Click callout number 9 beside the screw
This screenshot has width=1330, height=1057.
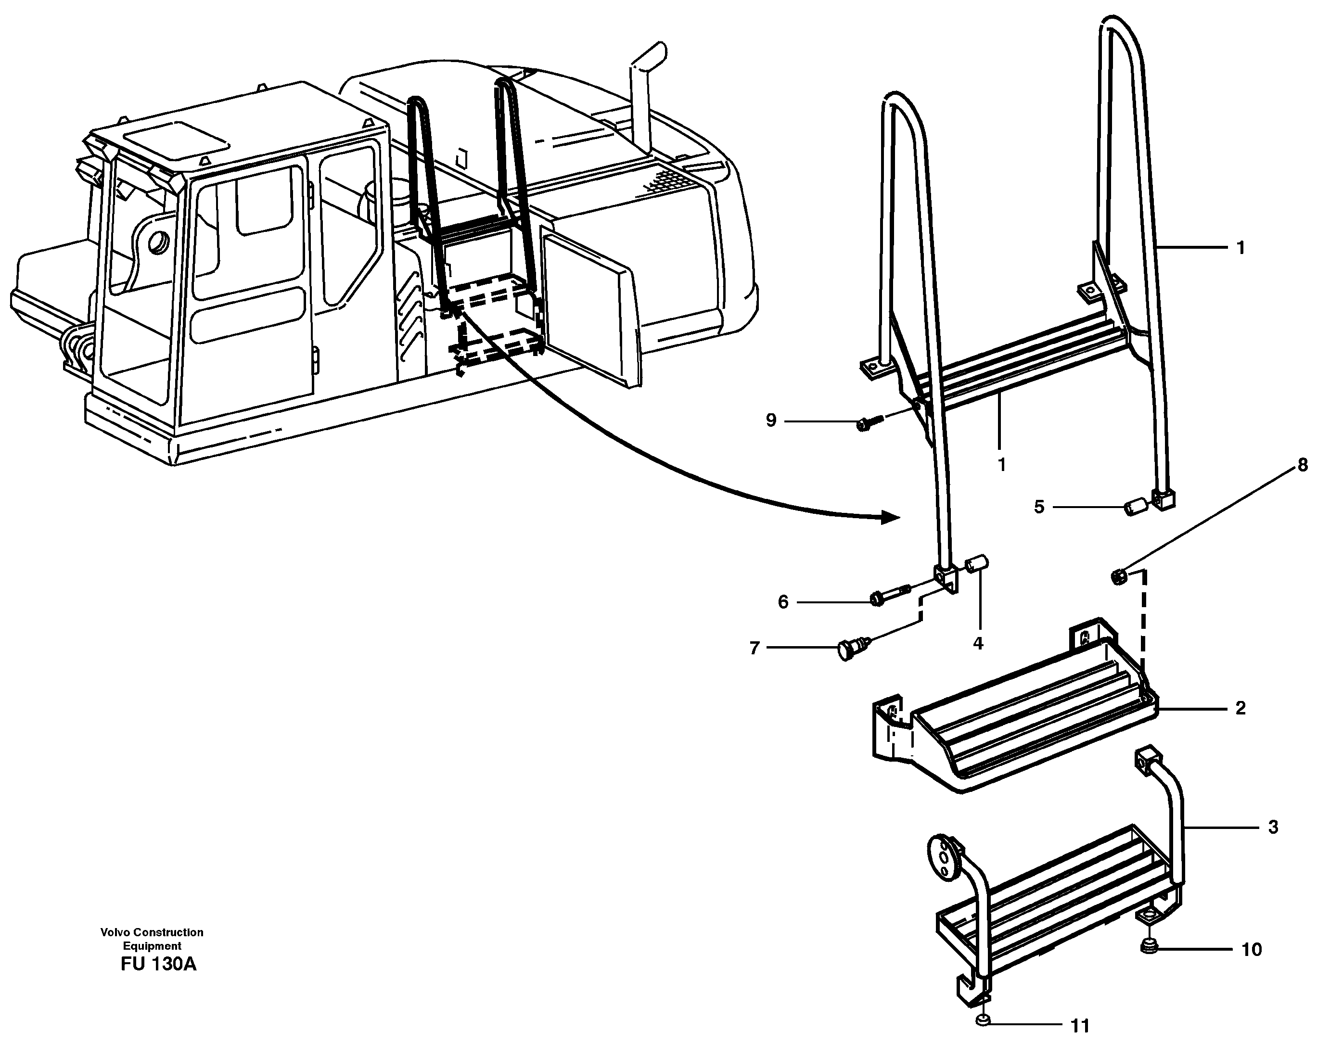[770, 420]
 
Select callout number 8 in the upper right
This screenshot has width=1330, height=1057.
[1302, 465]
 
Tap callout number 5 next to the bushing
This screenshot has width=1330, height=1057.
[1039, 507]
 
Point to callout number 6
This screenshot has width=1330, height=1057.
[783, 602]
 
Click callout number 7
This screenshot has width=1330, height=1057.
[755, 648]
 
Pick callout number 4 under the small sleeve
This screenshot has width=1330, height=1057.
[978, 643]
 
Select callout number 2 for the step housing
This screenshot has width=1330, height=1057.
[1240, 709]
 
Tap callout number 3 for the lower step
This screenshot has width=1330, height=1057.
[1273, 827]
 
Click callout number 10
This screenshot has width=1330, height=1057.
[1251, 950]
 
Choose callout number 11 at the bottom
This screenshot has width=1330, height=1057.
[1080, 1026]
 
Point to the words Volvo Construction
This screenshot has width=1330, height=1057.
[152, 932]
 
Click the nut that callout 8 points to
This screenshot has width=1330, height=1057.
[1118, 578]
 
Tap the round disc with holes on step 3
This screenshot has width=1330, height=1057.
[943, 856]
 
